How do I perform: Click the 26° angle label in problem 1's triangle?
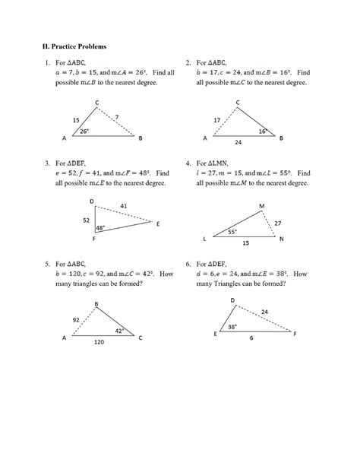[x=84, y=132]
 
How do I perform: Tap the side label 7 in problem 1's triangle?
[x=116, y=116]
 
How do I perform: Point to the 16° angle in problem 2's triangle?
[x=262, y=132]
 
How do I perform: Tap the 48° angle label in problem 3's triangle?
[x=99, y=228]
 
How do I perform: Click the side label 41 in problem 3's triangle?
[x=123, y=205]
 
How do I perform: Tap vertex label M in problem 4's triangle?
[x=262, y=206]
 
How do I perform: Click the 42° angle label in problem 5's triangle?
[x=119, y=331]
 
